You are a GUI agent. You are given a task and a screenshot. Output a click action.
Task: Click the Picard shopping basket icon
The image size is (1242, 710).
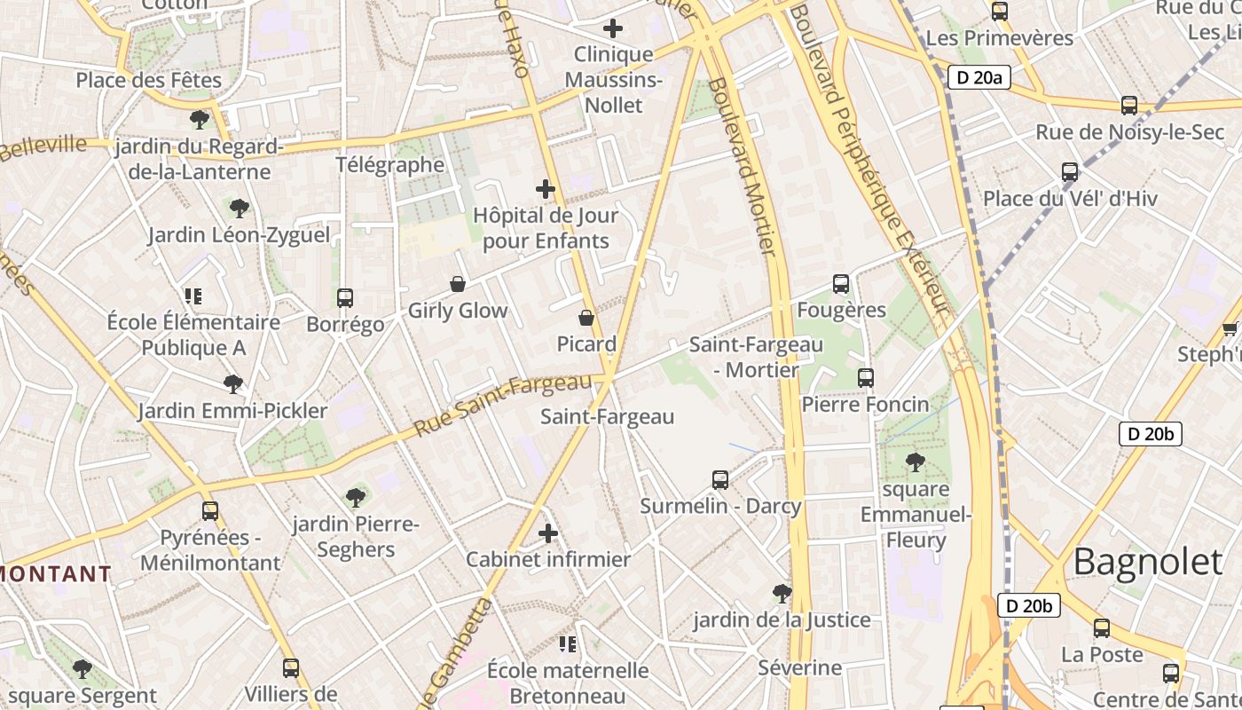586,318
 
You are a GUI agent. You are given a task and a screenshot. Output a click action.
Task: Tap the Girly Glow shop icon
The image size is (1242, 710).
458,284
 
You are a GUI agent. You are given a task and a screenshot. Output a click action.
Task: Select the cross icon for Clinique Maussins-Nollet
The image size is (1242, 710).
612,28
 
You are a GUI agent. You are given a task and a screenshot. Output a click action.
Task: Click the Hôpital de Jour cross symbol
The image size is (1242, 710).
546,189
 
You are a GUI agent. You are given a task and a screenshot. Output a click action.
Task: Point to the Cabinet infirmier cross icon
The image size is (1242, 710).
548,533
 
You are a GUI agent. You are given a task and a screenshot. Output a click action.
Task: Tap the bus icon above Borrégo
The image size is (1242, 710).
345,298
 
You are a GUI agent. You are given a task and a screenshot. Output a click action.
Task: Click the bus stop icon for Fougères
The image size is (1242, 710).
841,284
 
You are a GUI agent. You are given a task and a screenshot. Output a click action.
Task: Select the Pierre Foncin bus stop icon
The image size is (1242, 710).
866,378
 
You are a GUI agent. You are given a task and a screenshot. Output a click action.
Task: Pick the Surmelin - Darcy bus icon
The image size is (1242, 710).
720,480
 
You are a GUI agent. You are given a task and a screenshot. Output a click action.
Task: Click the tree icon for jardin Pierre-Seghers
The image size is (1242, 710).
356,498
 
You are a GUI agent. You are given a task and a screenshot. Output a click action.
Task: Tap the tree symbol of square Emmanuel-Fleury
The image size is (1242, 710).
916,462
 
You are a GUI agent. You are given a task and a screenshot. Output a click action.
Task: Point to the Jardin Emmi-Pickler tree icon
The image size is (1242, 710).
233,384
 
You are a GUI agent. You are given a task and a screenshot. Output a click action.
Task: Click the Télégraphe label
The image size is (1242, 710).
390,164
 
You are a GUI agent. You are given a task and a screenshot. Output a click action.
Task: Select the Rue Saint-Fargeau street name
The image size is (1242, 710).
502,405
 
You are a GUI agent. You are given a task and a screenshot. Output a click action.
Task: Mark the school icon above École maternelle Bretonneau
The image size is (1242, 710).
568,643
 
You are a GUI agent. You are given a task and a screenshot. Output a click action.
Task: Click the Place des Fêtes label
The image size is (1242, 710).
148,80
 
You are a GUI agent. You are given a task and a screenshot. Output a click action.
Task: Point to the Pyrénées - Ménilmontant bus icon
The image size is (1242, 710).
210,511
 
